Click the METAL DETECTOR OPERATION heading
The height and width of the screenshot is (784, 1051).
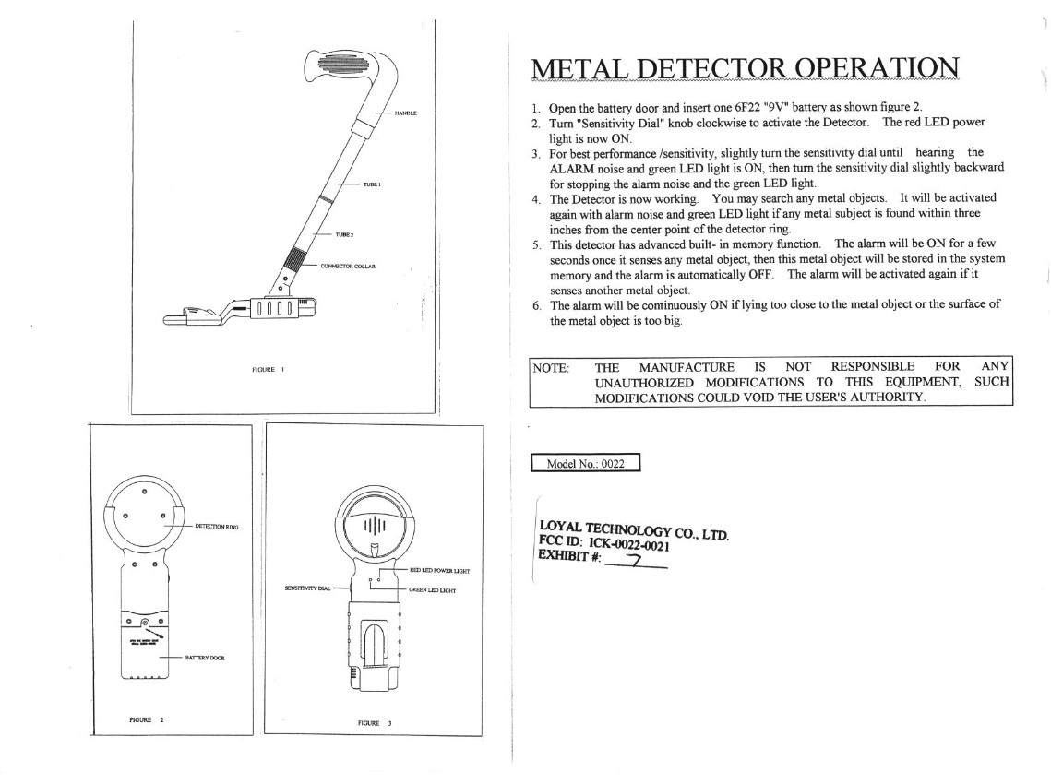(745, 68)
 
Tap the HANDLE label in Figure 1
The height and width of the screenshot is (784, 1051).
(406, 113)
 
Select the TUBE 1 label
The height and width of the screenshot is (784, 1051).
(373, 184)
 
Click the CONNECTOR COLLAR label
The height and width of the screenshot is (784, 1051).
(346, 266)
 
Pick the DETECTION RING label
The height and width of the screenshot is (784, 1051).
(217, 527)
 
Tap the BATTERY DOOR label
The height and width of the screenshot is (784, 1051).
(205, 658)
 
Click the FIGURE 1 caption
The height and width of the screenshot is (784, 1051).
(268, 369)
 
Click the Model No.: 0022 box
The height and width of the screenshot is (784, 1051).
(586, 464)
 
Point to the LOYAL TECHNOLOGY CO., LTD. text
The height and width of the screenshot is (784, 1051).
(634, 529)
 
